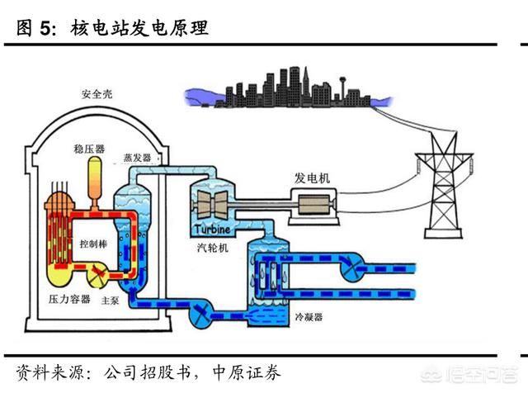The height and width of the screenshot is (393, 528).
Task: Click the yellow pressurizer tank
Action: click(x=96, y=178)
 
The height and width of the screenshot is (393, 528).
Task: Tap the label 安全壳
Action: click(x=97, y=94)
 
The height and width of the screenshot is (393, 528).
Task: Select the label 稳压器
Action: click(x=89, y=149)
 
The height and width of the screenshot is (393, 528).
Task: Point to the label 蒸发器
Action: click(x=138, y=158)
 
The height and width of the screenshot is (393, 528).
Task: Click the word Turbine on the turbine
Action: click(x=213, y=230)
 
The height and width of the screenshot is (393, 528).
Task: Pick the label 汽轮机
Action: click(x=213, y=248)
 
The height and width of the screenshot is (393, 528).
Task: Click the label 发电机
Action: click(x=312, y=178)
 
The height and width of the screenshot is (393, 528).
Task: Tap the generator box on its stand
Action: click(x=313, y=206)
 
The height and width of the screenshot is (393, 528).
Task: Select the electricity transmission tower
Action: click(x=444, y=185)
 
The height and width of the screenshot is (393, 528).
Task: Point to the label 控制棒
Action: click(x=93, y=244)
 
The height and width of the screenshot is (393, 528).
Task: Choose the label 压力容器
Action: click(x=69, y=299)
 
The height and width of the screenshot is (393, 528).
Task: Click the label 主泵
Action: click(x=110, y=300)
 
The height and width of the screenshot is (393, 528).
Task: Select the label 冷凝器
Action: click(x=309, y=317)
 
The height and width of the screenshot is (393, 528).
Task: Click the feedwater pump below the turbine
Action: click(x=201, y=314)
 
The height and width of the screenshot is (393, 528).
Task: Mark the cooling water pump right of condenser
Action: click(x=350, y=266)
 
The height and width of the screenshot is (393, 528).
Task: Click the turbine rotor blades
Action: click(x=212, y=204)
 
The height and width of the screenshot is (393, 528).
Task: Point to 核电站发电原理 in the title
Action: click(x=139, y=27)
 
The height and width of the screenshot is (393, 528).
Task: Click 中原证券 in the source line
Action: click(x=247, y=373)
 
